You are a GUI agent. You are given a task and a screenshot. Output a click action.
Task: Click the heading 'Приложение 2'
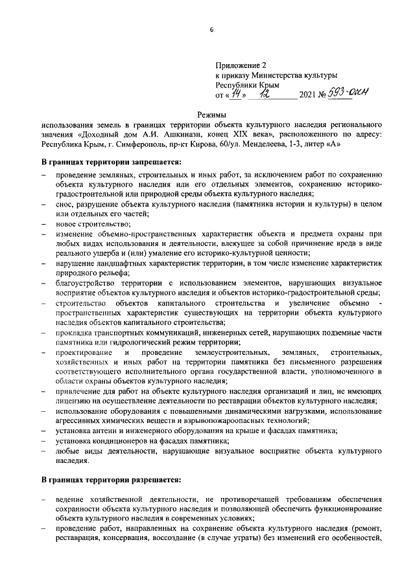click(x=241, y=65)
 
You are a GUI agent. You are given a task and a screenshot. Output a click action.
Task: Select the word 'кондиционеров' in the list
click(x=116, y=440)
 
